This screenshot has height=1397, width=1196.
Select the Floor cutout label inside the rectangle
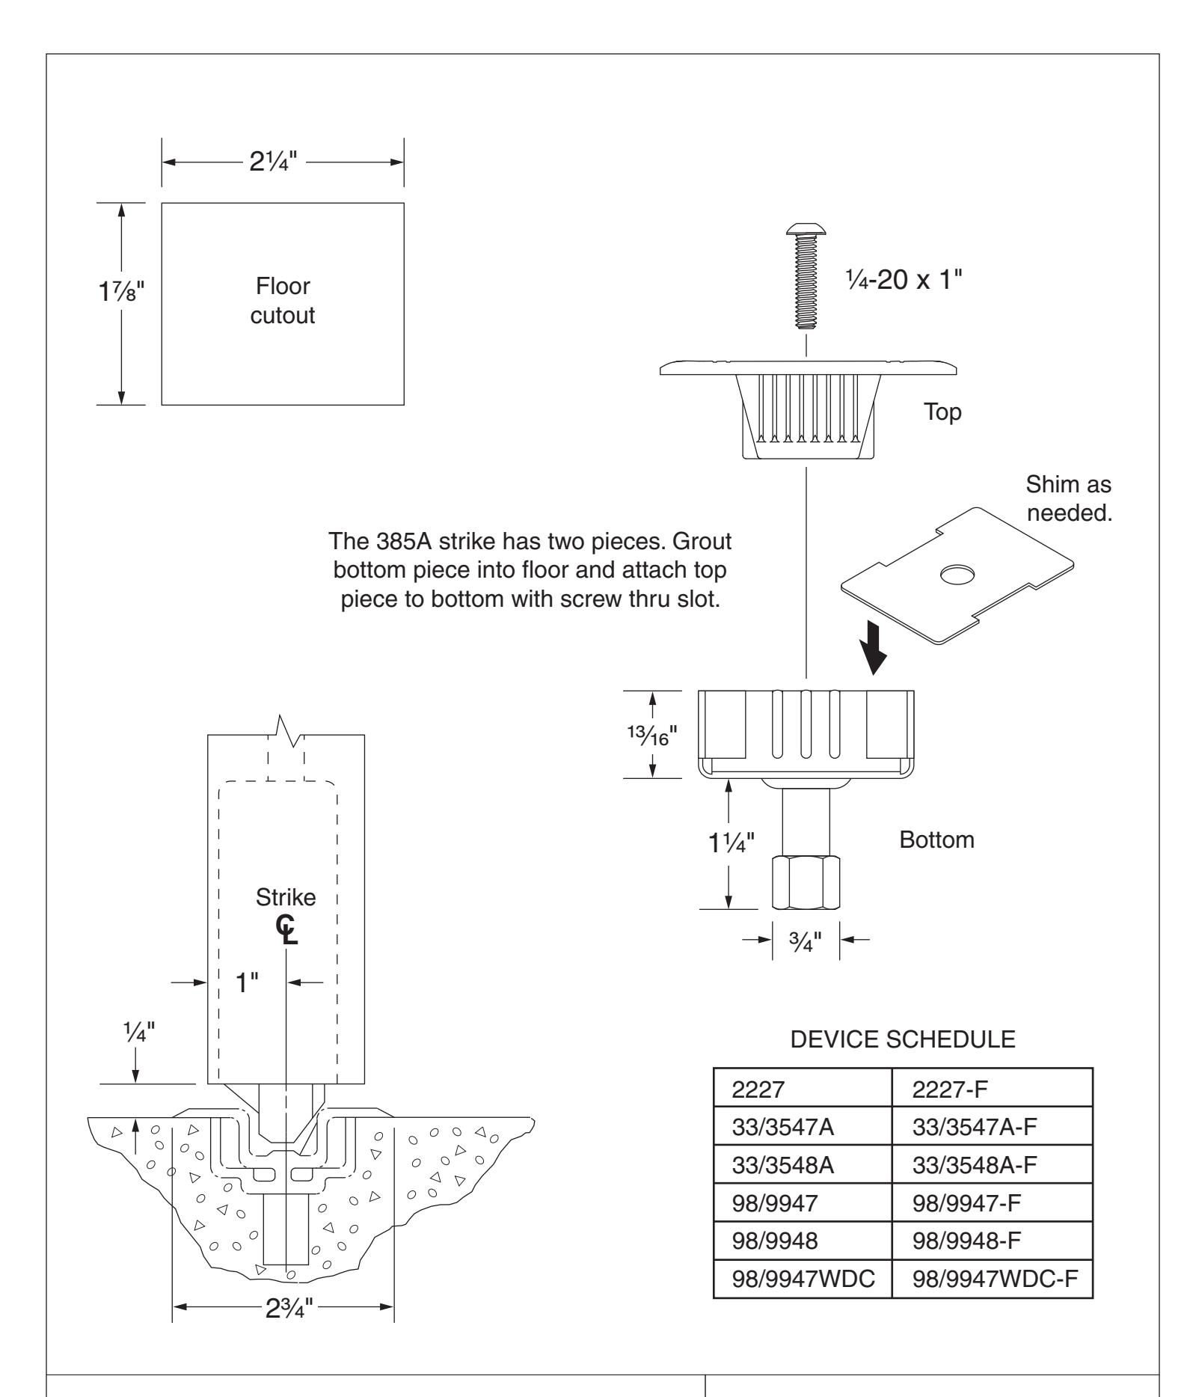(x=283, y=301)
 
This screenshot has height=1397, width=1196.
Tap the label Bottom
(x=937, y=840)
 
